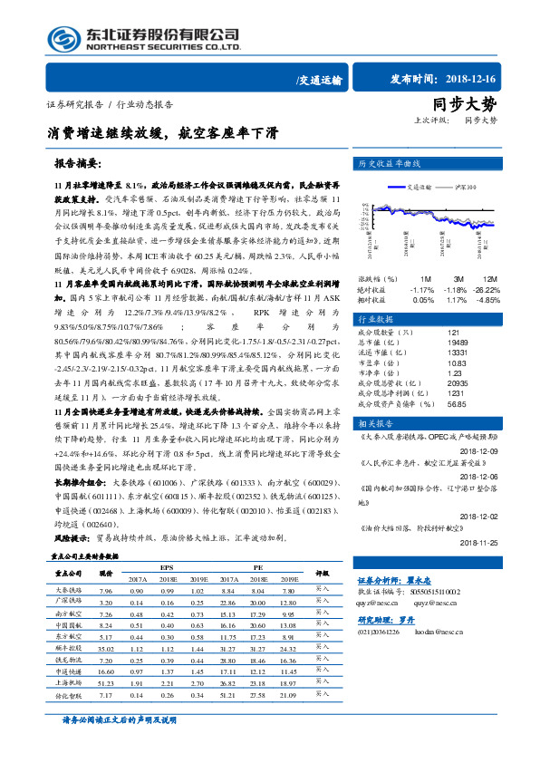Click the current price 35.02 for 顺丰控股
point(105,648)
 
